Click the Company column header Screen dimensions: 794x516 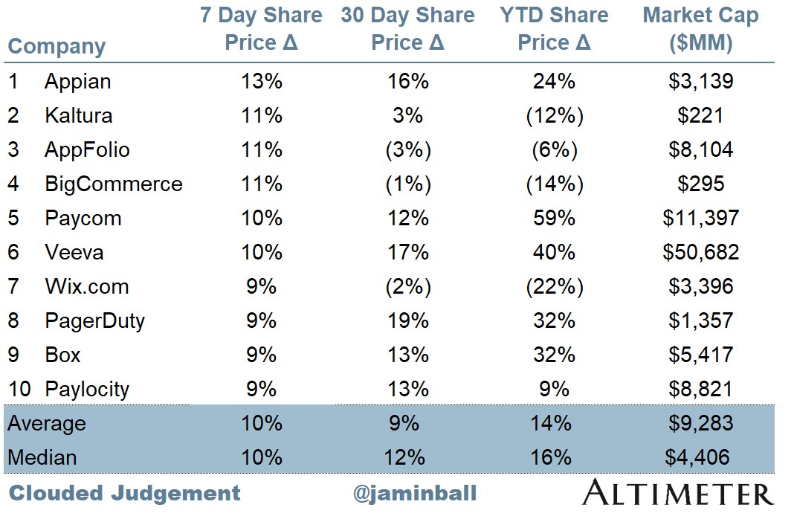click(x=57, y=47)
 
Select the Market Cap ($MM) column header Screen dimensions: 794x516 click(x=701, y=29)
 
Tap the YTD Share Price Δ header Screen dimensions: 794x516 click(x=554, y=29)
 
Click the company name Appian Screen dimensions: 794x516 click(x=77, y=82)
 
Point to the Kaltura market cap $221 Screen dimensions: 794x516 click(x=700, y=115)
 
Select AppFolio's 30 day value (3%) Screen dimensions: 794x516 click(x=408, y=150)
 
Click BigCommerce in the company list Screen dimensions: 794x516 click(x=114, y=184)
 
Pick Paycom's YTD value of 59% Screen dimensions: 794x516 click(x=554, y=219)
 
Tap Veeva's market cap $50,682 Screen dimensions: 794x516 click(x=701, y=252)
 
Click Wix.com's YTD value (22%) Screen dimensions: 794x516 click(x=555, y=286)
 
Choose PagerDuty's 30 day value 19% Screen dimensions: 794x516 click(x=408, y=320)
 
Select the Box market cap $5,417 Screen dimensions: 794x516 click(x=701, y=355)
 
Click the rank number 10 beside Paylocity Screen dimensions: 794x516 click(x=19, y=389)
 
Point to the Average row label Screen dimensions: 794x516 click(x=47, y=423)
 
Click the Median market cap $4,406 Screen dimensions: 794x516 click(x=697, y=457)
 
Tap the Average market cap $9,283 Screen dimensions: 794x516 click(x=701, y=423)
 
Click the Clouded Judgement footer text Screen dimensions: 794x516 click(x=125, y=493)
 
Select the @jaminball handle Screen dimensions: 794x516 click(x=415, y=493)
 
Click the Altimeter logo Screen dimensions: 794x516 click(x=678, y=493)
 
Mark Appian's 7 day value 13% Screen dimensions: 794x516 click(x=261, y=81)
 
